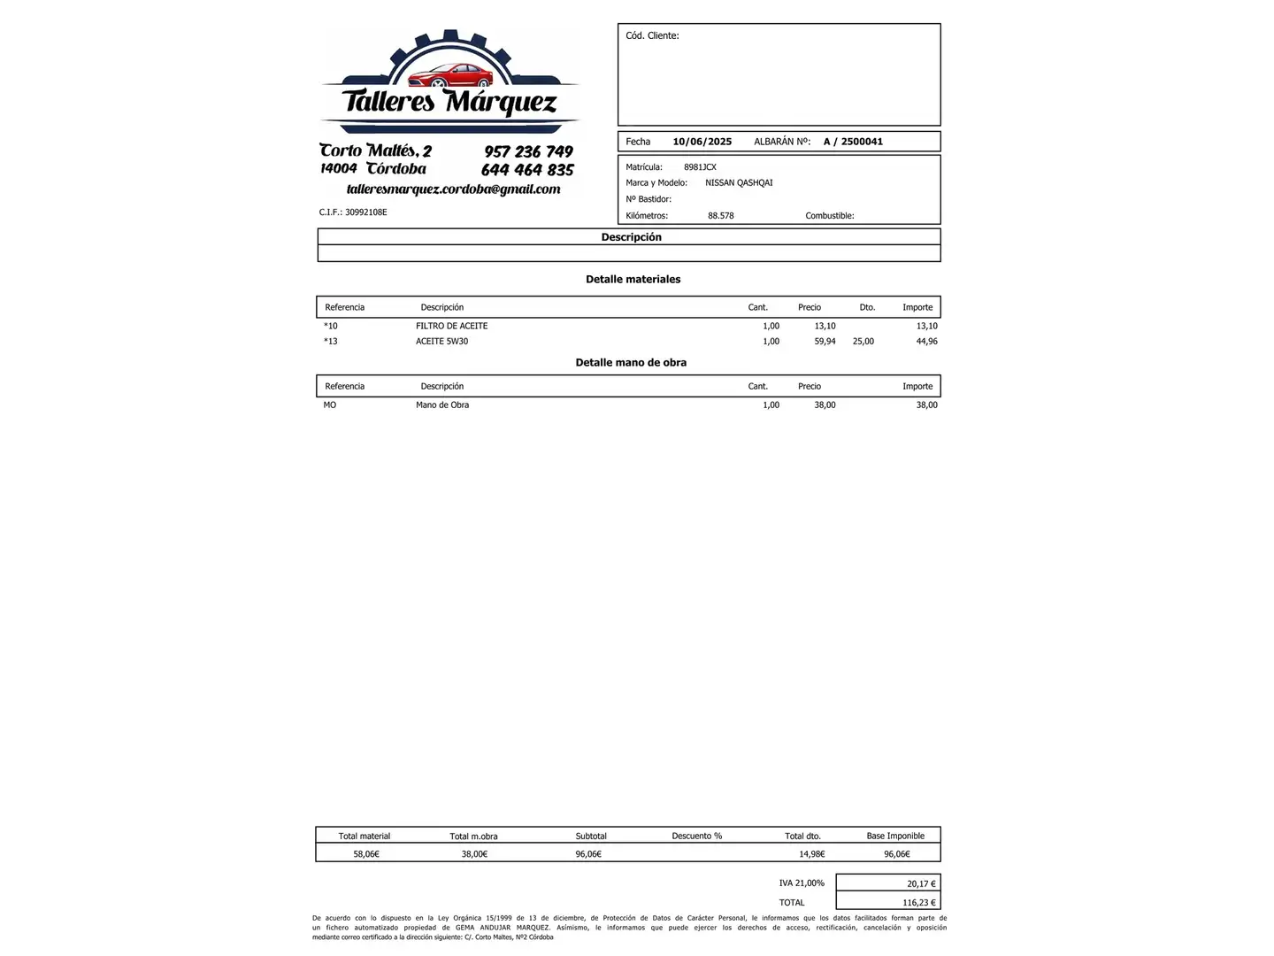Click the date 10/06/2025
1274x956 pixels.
tap(702, 142)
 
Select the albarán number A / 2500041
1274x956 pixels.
tap(853, 142)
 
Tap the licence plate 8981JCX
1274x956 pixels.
tap(700, 167)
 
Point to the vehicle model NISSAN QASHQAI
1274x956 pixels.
tap(739, 183)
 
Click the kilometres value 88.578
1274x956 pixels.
tap(720, 216)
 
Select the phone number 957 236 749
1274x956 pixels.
tap(528, 151)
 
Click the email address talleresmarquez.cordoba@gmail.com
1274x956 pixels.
tap(453, 189)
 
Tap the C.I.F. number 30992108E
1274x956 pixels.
tap(365, 212)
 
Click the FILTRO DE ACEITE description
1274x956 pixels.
tap(451, 326)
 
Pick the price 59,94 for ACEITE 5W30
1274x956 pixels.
tap(825, 342)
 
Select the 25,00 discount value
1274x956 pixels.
tap(863, 342)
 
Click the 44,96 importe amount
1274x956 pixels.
tap(926, 342)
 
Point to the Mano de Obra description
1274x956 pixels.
tap(442, 405)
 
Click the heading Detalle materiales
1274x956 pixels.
tap(633, 280)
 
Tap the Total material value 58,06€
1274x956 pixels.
tap(366, 854)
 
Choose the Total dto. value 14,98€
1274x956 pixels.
tap(811, 854)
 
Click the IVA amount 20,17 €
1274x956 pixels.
tap(920, 883)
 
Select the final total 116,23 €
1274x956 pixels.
tap(918, 903)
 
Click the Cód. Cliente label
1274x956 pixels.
tap(652, 36)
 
